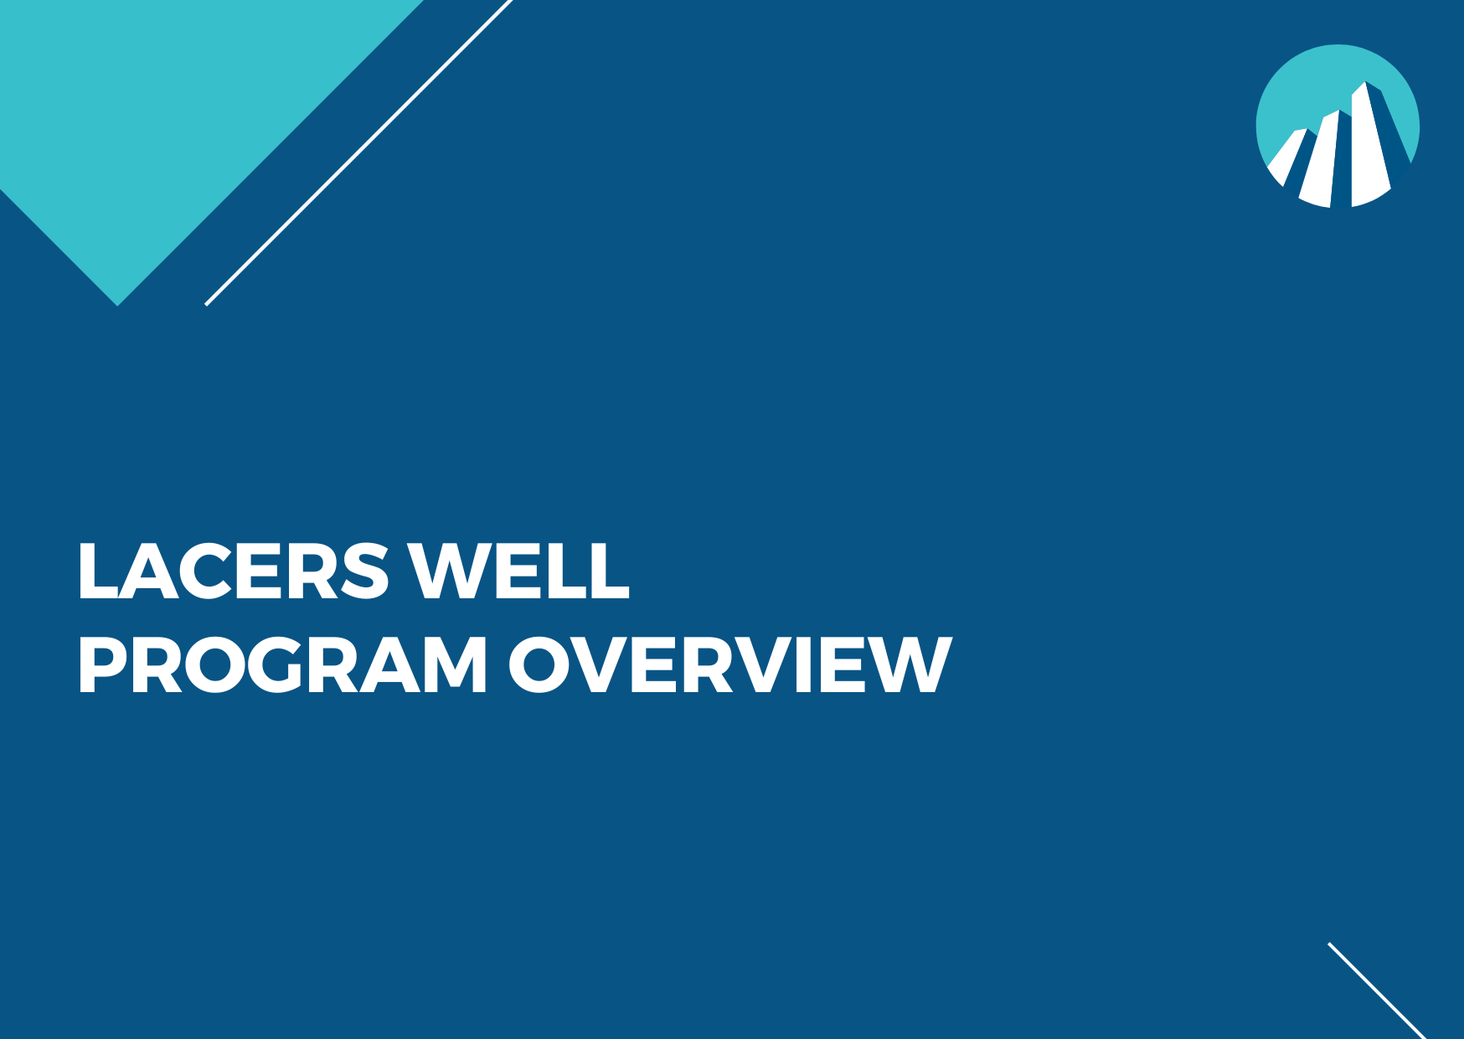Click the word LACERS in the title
click(x=233, y=571)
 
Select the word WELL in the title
click(x=518, y=571)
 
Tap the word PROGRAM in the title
click(x=282, y=665)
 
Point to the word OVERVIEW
click(x=729, y=665)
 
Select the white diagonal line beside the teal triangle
click(x=358, y=152)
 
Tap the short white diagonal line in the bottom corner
click(x=1376, y=990)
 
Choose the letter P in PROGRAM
click(x=101, y=665)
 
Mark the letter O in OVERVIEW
click(x=539, y=665)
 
